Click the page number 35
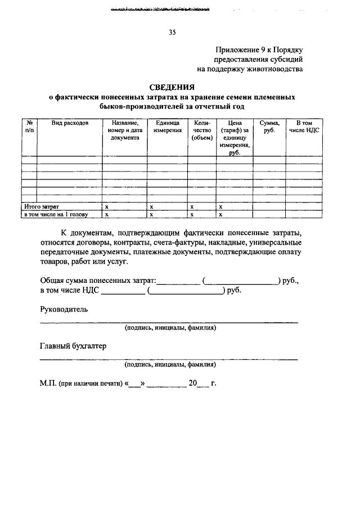[x=172, y=33]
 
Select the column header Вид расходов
[x=70, y=123]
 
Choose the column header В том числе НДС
[x=304, y=126]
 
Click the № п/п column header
[x=29, y=126]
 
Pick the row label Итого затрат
[x=42, y=207]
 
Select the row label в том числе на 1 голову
[x=56, y=214]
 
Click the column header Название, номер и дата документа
[x=125, y=130]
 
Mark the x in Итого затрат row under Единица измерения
[x=152, y=207]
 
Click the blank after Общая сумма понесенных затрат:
[x=178, y=280]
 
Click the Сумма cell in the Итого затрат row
[x=268, y=207]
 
